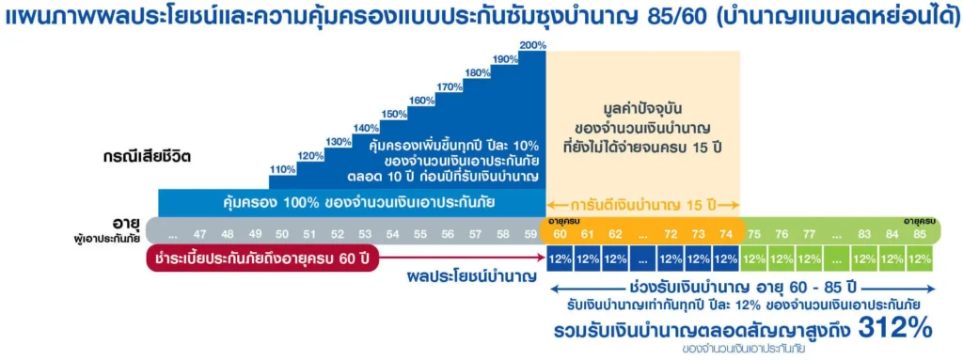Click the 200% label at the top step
point(531,45)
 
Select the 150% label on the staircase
point(394,114)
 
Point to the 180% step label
point(478,72)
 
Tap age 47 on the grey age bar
point(199,234)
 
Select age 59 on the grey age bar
point(530,234)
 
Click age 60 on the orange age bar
point(561,234)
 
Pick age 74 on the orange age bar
point(724,234)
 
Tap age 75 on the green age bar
point(754,234)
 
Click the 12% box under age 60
point(561,258)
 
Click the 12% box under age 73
point(698,258)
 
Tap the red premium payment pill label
point(262,258)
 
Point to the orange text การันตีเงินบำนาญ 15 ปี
point(644,203)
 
